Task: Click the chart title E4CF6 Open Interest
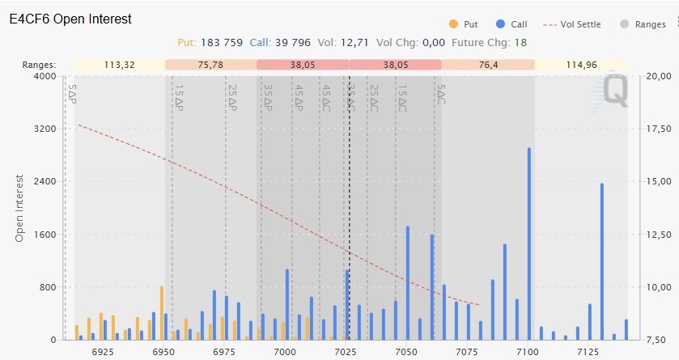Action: (x=70, y=19)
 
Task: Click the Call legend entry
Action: (x=519, y=24)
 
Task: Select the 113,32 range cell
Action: (x=119, y=64)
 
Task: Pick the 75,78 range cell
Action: (x=210, y=64)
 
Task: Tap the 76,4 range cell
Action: (x=488, y=64)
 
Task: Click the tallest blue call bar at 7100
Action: (x=529, y=243)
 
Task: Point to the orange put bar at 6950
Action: (x=162, y=312)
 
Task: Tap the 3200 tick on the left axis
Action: (x=43, y=129)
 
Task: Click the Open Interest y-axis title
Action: (x=20, y=208)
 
